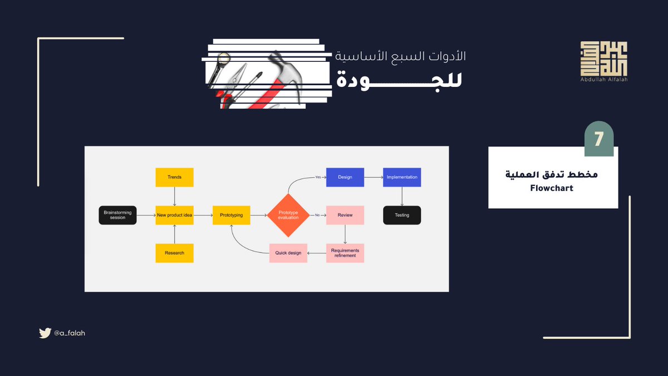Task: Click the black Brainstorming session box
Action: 117,215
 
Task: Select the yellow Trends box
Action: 174,177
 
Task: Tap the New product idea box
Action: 174,215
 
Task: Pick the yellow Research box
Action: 174,253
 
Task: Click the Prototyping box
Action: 231,215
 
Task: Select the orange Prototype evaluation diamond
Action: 288,215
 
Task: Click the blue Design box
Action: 345,177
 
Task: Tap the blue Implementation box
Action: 402,177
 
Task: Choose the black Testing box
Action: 402,215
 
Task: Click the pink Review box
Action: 345,215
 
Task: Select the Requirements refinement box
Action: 345,253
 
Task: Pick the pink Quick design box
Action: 288,253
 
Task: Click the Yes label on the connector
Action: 318,177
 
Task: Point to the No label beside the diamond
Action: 317,215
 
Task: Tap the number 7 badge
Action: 598,139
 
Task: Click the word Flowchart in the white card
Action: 552,188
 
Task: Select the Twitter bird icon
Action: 45,333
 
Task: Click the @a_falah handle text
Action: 70,333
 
